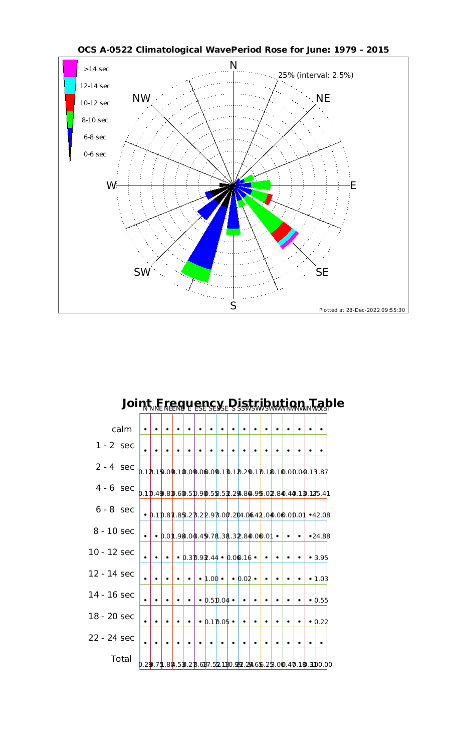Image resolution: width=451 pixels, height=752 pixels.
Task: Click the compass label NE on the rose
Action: (x=323, y=98)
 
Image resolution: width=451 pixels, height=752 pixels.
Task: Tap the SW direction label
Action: (x=142, y=272)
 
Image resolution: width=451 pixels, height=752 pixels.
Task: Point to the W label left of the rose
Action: (x=111, y=185)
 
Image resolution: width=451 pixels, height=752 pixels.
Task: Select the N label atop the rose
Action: (x=233, y=65)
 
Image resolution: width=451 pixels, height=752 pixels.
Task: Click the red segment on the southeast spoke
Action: (x=282, y=231)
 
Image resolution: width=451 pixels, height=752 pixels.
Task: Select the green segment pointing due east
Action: (x=261, y=184)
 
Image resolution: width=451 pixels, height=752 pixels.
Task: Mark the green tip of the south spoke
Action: (x=234, y=232)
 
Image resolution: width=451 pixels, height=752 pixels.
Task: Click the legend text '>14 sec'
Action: (x=96, y=69)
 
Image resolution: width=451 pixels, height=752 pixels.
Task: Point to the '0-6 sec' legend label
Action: (x=95, y=154)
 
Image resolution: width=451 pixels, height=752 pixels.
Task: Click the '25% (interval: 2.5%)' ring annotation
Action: (x=316, y=75)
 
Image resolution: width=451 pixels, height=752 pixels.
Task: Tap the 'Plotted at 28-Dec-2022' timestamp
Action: (x=362, y=310)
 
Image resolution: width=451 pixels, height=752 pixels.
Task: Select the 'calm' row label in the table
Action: (x=122, y=429)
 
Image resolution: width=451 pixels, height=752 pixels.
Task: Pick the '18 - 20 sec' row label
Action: (x=111, y=616)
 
